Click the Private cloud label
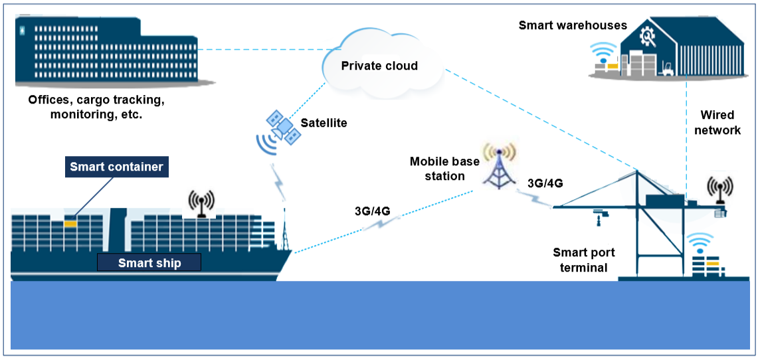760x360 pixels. tap(379, 66)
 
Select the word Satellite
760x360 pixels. tap(324, 123)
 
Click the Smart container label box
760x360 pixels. tap(116, 167)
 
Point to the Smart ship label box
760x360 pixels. tap(149, 262)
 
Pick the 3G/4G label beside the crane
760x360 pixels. tap(545, 183)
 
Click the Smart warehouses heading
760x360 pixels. tap(573, 25)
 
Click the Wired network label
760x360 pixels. tap(717, 122)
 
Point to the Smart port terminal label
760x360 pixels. tap(584, 260)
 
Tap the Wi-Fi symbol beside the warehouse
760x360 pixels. tap(605, 52)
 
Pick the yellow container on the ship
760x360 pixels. tap(71, 223)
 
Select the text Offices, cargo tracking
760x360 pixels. tap(96, 100)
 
